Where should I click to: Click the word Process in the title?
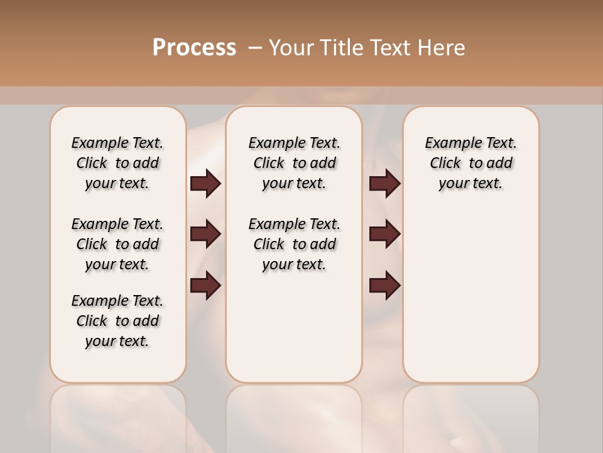194,48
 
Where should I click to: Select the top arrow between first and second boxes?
205,184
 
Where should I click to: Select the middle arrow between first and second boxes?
205,234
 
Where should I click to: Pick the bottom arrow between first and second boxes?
205,286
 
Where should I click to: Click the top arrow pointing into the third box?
384,184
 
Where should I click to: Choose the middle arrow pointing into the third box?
384,234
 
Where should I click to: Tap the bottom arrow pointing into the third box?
384,286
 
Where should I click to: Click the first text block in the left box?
117,163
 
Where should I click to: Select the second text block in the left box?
117,244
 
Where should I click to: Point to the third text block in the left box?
117,321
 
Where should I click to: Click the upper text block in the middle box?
295,163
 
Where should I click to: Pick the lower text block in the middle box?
295,244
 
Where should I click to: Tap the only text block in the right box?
471,163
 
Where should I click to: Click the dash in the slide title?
255,48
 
